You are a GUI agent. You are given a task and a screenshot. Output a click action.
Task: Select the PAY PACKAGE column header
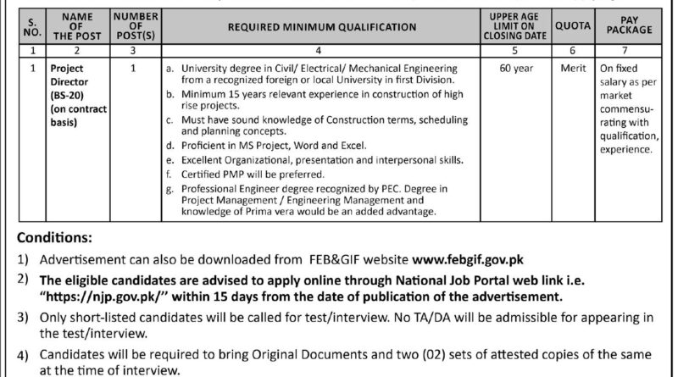click(x=636, y=27)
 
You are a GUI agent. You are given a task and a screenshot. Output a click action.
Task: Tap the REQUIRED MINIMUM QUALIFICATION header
click(x=320, y=27)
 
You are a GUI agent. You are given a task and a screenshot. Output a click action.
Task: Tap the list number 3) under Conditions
click(x=19, y=316)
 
